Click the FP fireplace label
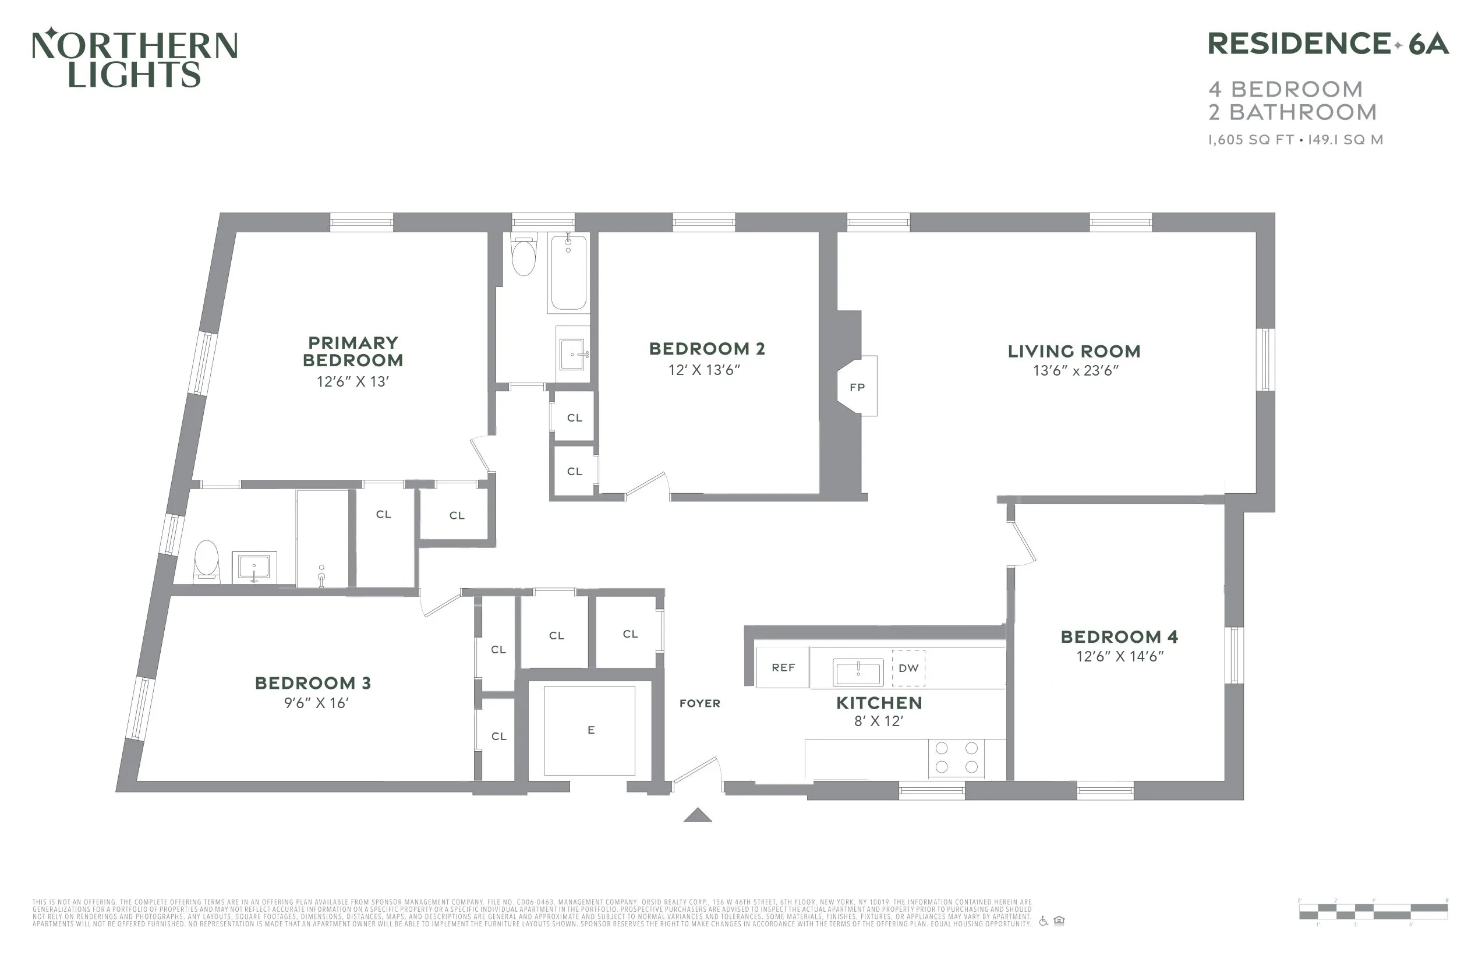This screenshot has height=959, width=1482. click(857, 387)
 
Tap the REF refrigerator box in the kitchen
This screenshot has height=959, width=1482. click(783, 667)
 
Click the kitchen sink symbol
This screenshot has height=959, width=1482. click(858, 672)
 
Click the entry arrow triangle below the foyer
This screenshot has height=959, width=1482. click(698, 815)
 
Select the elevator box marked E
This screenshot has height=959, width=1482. click(590, 731)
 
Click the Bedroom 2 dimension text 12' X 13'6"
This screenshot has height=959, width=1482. click(704, 370)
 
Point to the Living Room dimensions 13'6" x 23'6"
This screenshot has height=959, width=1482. click(1076, 371)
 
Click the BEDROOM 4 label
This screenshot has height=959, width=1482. click(1119, 637)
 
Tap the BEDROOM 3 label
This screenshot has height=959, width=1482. click(313, 683)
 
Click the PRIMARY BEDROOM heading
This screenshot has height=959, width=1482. click(352, 352)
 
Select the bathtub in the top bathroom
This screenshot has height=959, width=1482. click(568, 274)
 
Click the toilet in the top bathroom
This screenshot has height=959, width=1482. click(524, 257)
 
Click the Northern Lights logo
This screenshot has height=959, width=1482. click(135, 58)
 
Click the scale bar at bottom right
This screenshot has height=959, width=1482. click(1373, 912)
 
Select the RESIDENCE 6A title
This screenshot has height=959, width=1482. click(1328, 44)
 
